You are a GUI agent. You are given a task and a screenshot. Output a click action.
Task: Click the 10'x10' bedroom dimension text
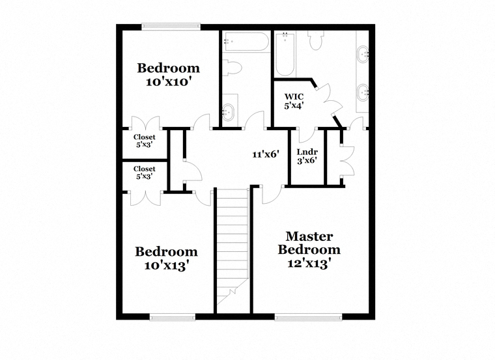coord(169,82)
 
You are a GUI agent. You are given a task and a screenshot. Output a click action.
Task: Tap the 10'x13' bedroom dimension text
coord(167,266)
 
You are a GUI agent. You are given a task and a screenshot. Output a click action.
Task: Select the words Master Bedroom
coord(309,243)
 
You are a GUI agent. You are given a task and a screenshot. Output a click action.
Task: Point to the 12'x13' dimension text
coord(309,264)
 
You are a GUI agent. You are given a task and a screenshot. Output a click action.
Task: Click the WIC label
coord(294,96)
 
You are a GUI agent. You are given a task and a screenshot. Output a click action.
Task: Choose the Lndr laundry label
coord(307,152)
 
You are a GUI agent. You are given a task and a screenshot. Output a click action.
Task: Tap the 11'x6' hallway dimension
coord(266,154)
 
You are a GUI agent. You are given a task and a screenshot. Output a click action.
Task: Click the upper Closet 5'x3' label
coord(145,141)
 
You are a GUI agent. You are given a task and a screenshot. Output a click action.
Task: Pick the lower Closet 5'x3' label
coord(145,173)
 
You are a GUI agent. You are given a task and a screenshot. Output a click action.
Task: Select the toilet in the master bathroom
coord(316,40)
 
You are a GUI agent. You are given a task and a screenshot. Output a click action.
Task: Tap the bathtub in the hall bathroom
coord(246,41)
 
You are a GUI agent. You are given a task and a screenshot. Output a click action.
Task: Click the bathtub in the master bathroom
coord(285,54)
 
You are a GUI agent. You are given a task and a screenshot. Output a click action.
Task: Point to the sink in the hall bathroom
coord(227,111)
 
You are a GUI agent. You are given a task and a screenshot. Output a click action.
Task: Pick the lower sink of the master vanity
coord(363,92)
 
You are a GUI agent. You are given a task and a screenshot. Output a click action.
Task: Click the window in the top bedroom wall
coord(171,27)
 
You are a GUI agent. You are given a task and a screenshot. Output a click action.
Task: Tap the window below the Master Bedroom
coord(308,317)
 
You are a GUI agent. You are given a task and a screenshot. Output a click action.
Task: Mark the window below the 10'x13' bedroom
coord(173,317)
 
